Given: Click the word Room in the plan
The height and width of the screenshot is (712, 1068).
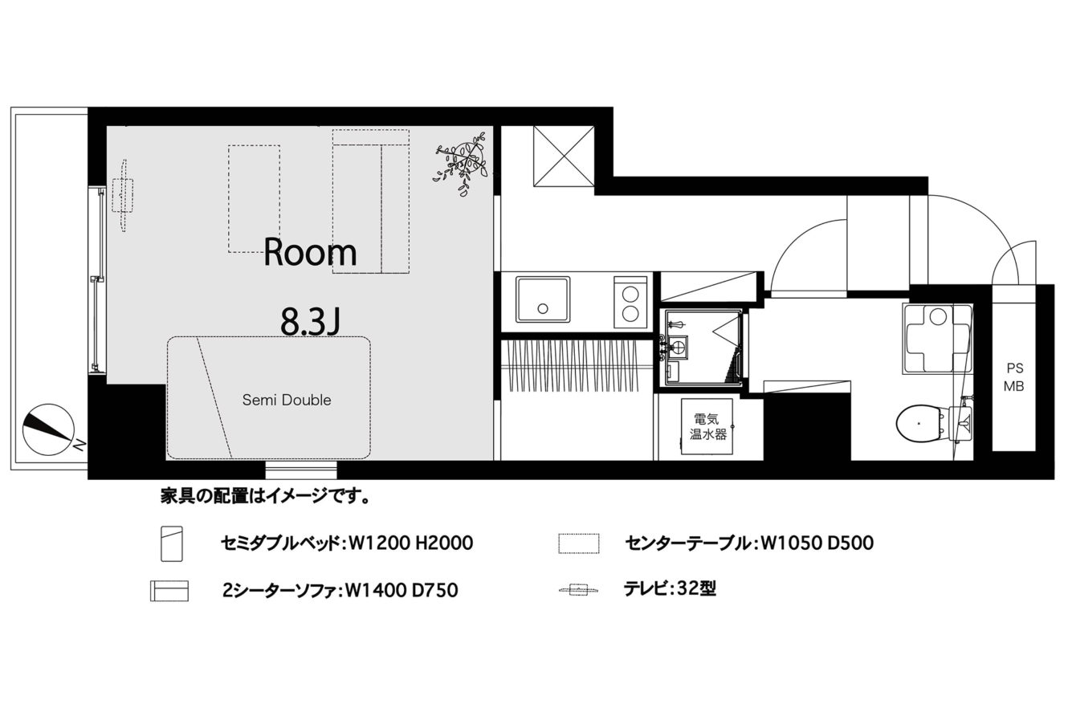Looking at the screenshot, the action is point(310,252).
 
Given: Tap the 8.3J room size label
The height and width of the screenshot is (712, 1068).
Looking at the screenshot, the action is point(310,322).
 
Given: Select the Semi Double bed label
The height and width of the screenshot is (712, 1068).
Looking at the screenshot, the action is point(287,400).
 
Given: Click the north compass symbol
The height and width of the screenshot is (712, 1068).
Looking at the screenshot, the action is point(48,429).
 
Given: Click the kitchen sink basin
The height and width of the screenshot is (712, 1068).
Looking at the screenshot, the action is point(543,299).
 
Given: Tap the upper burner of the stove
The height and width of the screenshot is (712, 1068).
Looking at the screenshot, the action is point(630,295).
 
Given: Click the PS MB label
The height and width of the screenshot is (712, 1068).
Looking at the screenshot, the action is point(1014,377).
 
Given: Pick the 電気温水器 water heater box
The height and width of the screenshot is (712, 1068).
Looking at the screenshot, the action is point(707,426).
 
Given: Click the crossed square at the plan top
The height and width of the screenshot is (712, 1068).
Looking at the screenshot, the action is point(564,156).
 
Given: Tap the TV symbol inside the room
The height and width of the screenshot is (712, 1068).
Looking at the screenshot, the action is point(124,195).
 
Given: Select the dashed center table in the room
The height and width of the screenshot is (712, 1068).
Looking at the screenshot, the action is point(254,199).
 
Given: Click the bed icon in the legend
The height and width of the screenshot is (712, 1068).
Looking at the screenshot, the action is point(172,543).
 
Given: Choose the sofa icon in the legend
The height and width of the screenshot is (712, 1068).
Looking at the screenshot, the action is point(169,591).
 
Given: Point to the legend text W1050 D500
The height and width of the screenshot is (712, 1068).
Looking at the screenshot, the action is point(817,543).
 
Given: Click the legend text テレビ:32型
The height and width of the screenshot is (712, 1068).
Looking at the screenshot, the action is point(670,589).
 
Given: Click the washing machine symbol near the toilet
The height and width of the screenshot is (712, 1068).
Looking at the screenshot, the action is point(937,339).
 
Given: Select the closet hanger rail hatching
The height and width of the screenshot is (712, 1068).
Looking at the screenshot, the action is point(573,366).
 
